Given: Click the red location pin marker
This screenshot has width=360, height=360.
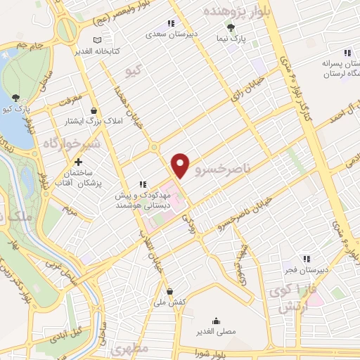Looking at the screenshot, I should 181,166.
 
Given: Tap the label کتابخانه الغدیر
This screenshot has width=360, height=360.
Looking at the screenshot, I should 101,51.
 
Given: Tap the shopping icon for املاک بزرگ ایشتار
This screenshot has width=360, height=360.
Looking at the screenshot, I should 94,110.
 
